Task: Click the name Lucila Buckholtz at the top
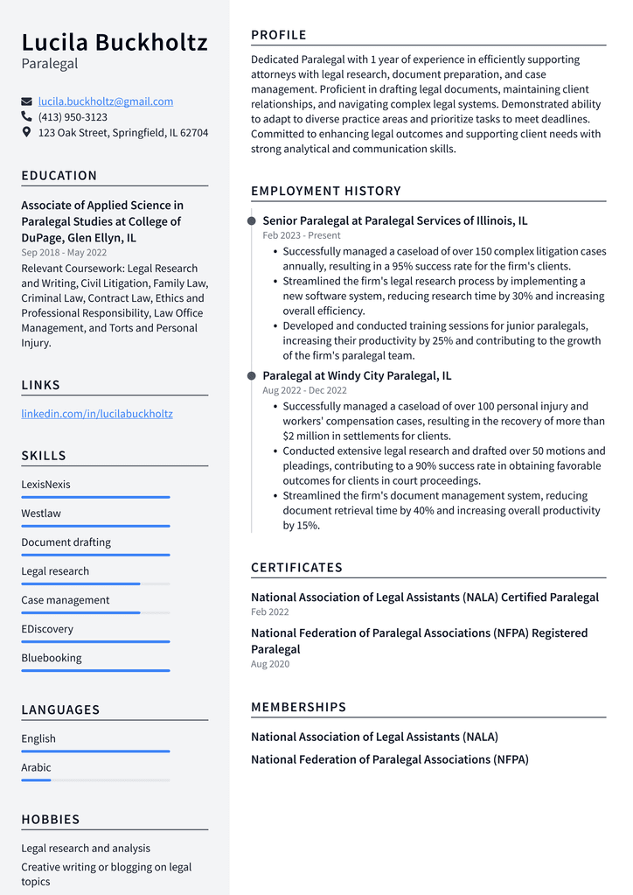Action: [x=115, y=42]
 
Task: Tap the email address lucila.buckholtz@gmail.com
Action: [x=106, y=101]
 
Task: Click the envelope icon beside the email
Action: [x=27, y=101]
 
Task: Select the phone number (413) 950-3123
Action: [x=73, y=117]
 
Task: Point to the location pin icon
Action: [x=27, y=133]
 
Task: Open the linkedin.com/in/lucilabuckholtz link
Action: [x=97, y=414]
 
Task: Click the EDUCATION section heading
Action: [x=59, y=176]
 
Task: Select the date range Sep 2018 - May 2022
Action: [x=65, y=253]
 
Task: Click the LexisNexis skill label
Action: [x=46, y=485]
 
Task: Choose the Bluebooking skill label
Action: [x=52, y=658]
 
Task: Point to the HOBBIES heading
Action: [x=51, y=820]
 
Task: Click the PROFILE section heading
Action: [x=279, y=35]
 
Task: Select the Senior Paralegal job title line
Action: [x=394, y=221]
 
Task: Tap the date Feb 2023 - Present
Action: [x=302, y=235]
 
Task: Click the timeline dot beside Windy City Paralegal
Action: [x=252, y=376]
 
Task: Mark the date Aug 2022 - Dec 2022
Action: [x=304, y=390]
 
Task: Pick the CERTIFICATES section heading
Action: [x=296, y=568]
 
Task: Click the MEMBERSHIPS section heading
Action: [x=298, y=707]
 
